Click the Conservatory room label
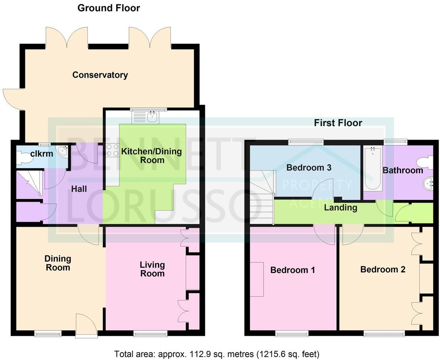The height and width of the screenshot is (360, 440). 100,75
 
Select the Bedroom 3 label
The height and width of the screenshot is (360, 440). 309,168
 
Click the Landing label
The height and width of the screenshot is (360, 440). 341,208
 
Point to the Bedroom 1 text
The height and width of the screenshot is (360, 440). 292,270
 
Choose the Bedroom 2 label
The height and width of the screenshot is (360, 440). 382,269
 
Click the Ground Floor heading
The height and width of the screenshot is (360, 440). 109,8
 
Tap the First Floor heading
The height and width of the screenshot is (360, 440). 338,123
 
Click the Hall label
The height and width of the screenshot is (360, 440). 79,189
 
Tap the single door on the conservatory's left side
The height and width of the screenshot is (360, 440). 13,99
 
